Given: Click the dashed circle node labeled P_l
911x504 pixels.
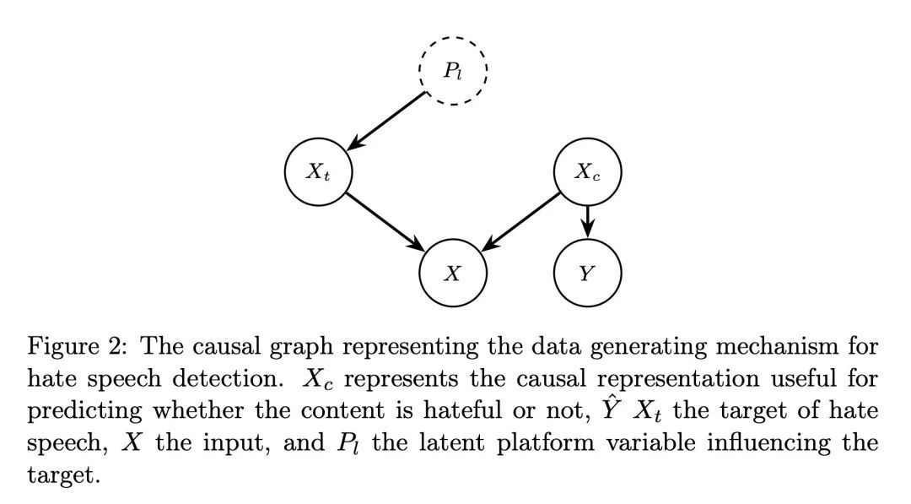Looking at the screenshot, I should click(x=453, y=71).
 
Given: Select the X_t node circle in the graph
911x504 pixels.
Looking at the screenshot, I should click(x=318, y=172).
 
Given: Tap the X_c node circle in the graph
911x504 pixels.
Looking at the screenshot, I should click(x=587, y=172).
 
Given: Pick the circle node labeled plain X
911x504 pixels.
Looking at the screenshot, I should click(x=453, y=273).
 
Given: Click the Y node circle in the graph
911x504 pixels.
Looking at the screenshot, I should click(x=587, y=273).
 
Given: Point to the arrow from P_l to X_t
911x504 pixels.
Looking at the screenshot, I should click(x=387, y=120).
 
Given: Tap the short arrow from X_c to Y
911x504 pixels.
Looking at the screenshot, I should click(x=588, y=222).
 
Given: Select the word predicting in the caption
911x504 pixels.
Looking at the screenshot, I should click(x=72, y=411).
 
